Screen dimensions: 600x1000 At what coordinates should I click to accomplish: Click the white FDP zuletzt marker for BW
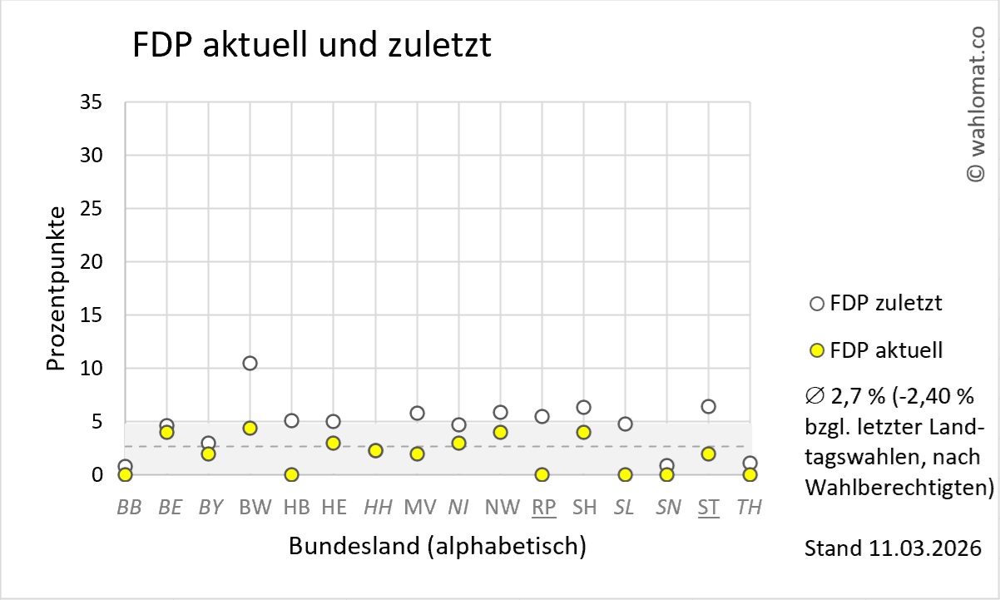pyautogui.click(x=250, y=363)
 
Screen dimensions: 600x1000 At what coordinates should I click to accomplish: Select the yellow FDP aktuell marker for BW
pyautogui.click(x=250, y=428)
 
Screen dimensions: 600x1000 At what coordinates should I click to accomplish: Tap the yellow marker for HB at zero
pyautogui.click(x=291, y=474)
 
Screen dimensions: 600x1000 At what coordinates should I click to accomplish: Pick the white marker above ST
pyautogui.click(x=708, y=406)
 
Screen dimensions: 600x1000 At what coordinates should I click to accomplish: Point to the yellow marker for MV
pyautogui.click(x=417, y=454)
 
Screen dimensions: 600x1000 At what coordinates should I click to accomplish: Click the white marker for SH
pyautogui.click(x=583, y=407)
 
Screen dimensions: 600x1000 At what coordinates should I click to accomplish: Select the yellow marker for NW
pyautogui.click(x=500, y=432)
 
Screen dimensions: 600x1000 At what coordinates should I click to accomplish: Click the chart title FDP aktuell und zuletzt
pyautogui.click(x=312, y=46)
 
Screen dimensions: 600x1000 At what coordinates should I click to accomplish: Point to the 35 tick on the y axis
pyautogui.click(x=91, y=102)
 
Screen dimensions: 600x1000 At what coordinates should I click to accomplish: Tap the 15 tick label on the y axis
pyautogui.click(x=91, y=315)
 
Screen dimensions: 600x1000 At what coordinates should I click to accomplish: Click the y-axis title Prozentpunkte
pyautogui.click(x=57, y=288)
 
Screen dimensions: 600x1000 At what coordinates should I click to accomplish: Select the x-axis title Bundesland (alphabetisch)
pyautogui.click(x=437, y=547)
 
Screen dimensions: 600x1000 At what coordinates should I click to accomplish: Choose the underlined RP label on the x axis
pyautogui.click(x=544, y=507)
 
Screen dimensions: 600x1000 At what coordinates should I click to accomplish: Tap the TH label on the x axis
pyautogui.click(x=749, y=507)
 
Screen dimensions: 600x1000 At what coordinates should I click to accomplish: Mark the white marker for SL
pyautogui.click(x=625, y=424)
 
